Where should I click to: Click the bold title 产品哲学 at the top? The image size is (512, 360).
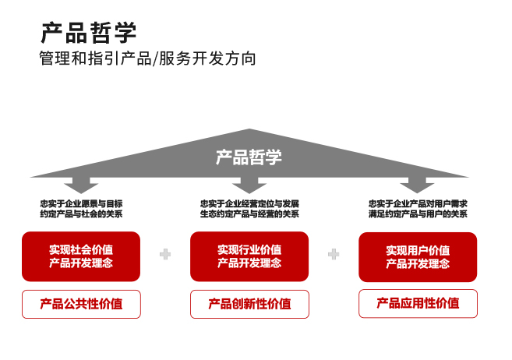(x=88, y=32)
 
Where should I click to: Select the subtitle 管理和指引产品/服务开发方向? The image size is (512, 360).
(x=147, y=58)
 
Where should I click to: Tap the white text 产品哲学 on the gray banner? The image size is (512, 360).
(x=249, y=157)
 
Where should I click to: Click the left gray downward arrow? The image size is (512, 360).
(x=81, y=185)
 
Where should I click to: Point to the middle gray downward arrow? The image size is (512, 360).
(x=249, y=185)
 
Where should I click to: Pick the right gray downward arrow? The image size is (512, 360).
(x=417, y=185)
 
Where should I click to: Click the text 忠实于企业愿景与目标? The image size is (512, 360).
(x=81, y=203)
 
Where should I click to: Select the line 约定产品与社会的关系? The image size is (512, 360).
(x=81, y=214)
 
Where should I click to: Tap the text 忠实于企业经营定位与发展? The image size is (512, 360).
(x=249, y=203)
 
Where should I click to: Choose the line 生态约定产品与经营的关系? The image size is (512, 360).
(x=249, y=214)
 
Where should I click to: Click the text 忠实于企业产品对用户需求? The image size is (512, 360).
(x=418, y=203)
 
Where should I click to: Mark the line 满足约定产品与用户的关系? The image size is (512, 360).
(x=418, y=214)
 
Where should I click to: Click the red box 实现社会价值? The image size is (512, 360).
(x=81, y=256)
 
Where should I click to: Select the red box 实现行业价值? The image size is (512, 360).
(x=249, y=256)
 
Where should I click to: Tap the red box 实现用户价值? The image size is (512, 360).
(x=418, y=256)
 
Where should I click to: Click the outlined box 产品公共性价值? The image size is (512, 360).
(x=81, y=304)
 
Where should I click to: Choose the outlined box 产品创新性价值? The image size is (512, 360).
(x=249, y=304)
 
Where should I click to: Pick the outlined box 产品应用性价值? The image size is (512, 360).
(x=418, y=304)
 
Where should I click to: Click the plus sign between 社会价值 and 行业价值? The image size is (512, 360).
(x=165, y=254)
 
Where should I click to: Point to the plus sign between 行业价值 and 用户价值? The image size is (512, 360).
(x=334, y=254)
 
